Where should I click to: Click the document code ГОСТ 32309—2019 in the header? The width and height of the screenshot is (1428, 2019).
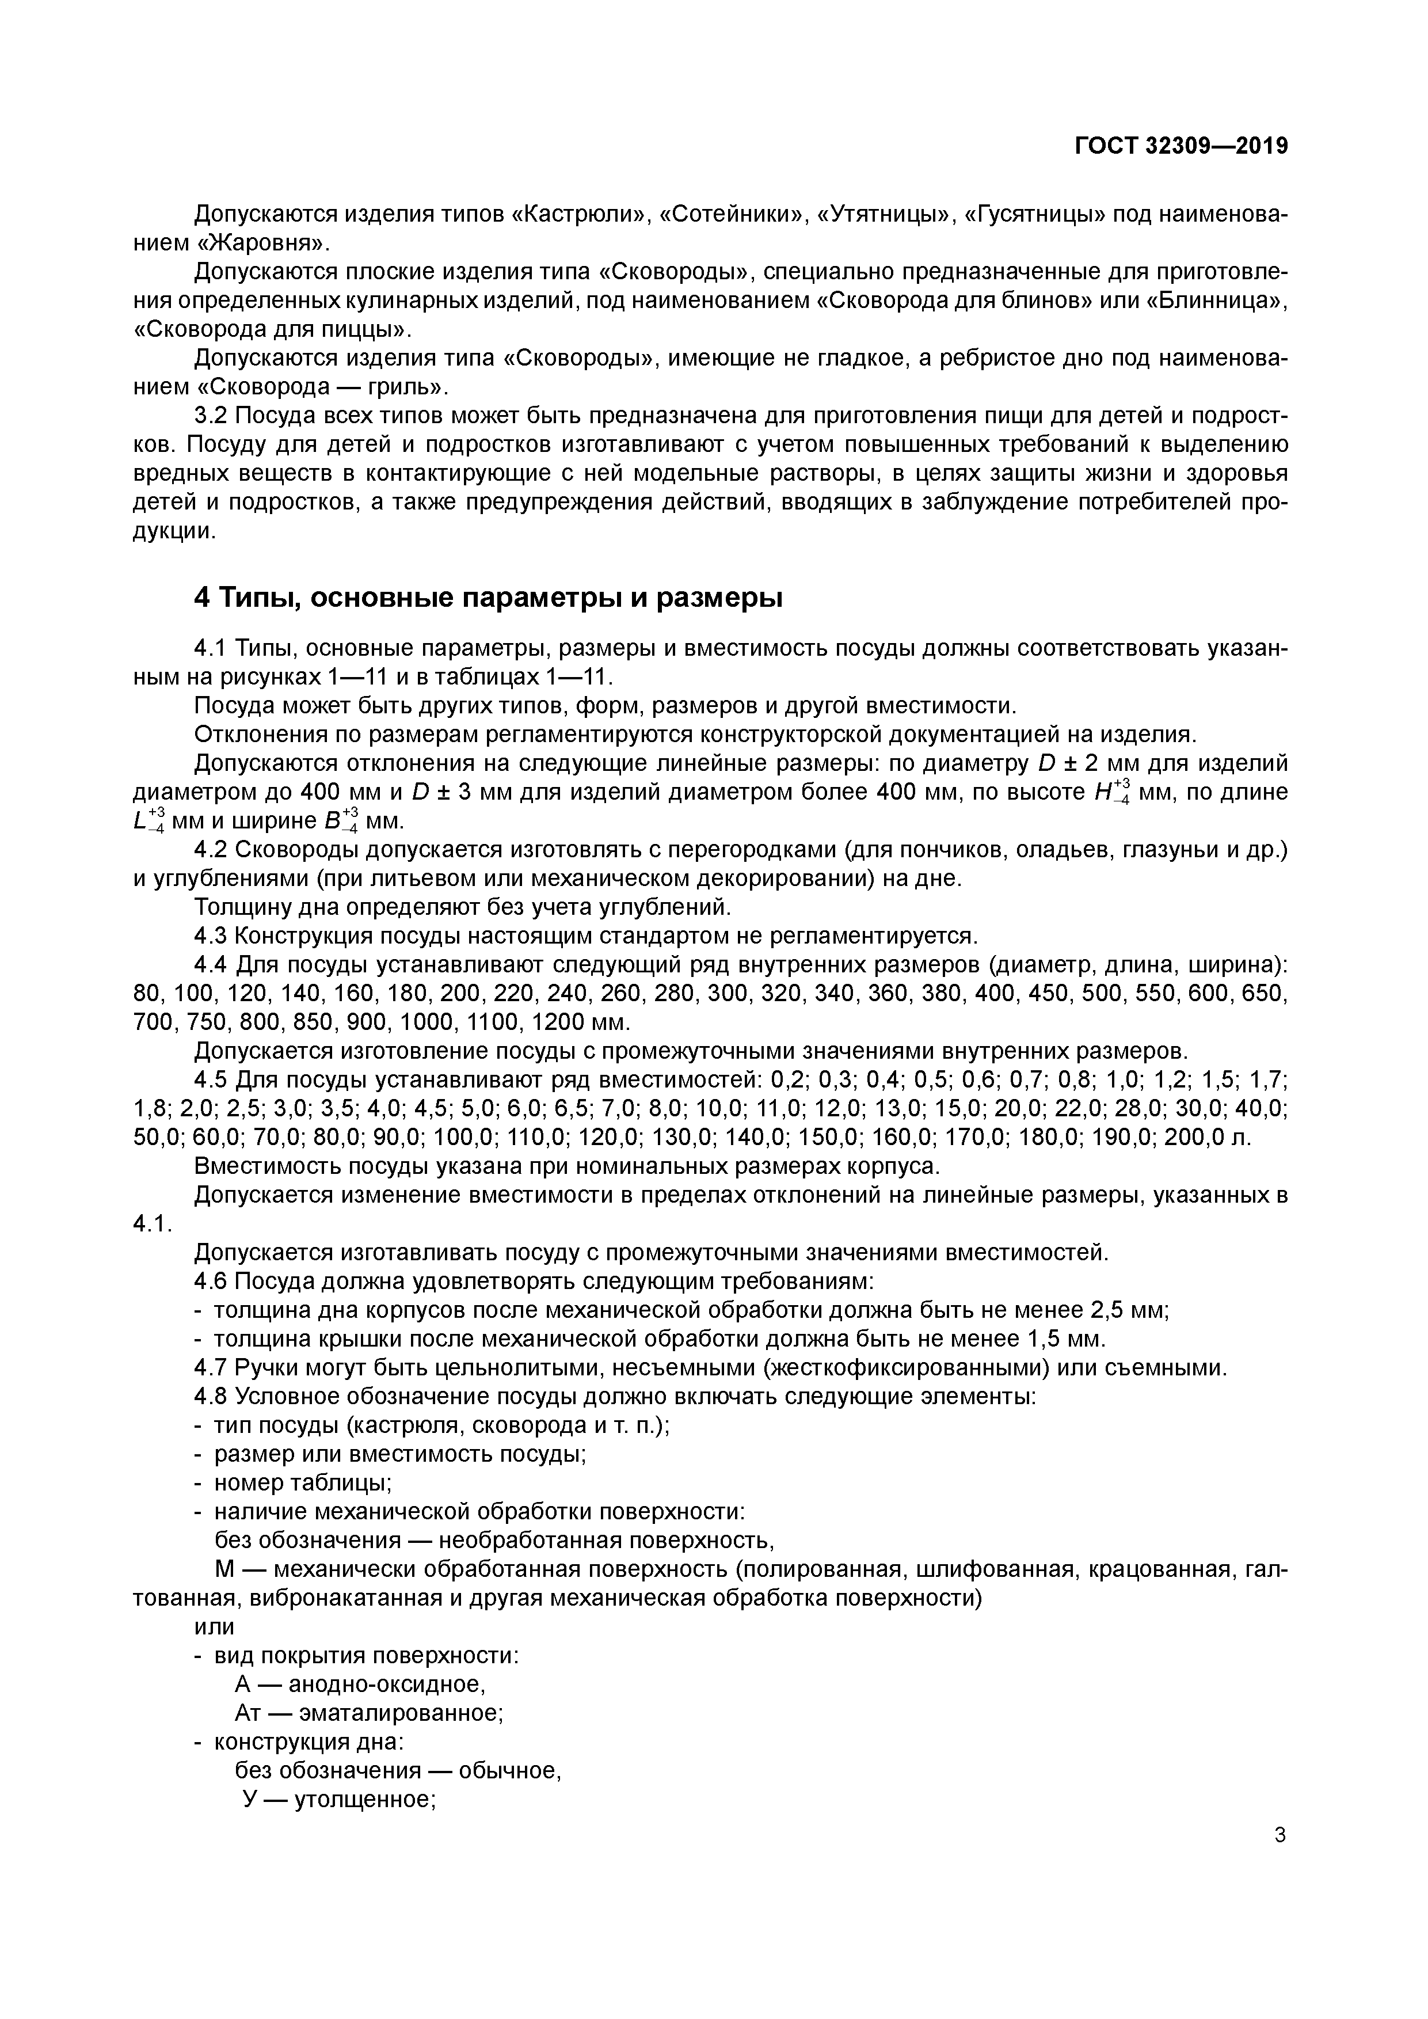(1181, 146)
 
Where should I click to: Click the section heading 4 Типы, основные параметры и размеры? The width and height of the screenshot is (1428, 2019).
(488, 598)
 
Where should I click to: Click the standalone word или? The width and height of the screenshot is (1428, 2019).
(214, 1628)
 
